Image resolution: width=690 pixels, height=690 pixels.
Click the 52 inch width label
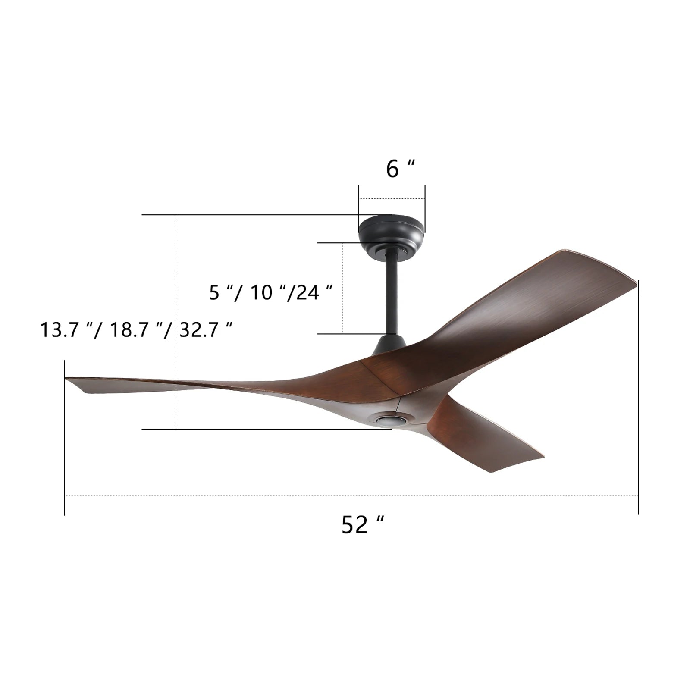coord(361,525)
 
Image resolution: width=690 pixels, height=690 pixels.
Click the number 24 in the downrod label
coord(307,292)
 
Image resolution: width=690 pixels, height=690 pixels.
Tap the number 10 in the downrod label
coord(261,292)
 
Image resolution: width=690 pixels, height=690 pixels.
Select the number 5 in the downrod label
coord(214,292)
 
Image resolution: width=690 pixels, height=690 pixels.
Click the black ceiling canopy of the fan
coord(392,235)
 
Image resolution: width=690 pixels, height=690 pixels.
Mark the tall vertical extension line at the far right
coord(638,397)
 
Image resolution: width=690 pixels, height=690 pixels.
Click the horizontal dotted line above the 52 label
coord(345,496)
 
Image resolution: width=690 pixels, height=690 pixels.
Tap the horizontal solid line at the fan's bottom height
coord(259,429)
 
